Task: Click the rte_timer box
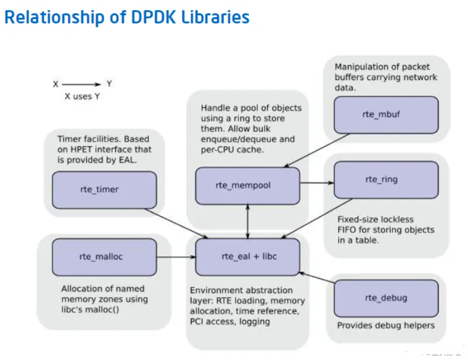click(104, 190)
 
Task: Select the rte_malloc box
click(104, 257)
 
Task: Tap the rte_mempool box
click(247, 186)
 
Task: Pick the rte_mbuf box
click(386, 115)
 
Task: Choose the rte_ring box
click(386, 179)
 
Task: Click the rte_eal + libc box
click(247, 257)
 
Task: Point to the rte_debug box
click(386, 298)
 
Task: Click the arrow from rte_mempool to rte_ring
click(317, 183)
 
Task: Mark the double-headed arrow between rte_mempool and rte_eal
click(248, 221)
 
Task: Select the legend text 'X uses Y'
click(82, 96)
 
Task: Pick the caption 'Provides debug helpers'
click(386, 326)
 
